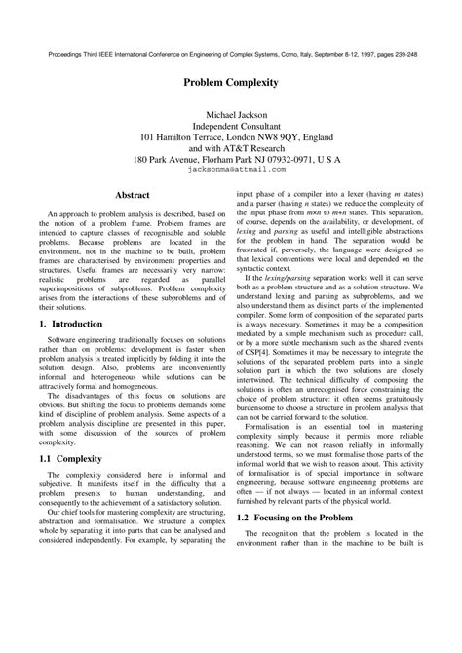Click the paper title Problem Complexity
pos(230,84)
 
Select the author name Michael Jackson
pos(231,115)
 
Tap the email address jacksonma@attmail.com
pos(231,168)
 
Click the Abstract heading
pos(133,196)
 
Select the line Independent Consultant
pos(231,128)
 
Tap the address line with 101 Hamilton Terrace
pos(231,140)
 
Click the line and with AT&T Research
pos(231,153)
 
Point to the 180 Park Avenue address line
pos(231,156)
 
